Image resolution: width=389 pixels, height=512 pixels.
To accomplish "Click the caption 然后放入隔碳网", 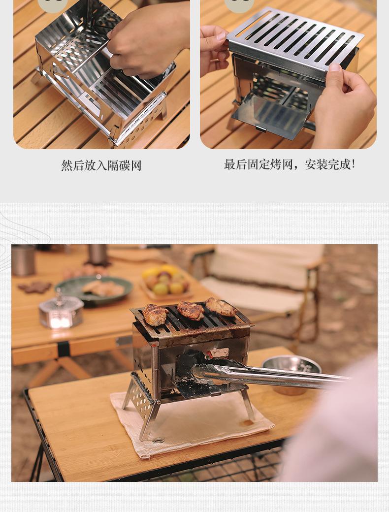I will [101, 165].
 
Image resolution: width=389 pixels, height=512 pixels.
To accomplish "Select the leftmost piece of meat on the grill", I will [155, 315].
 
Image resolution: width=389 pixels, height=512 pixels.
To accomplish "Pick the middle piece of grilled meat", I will [191, 311].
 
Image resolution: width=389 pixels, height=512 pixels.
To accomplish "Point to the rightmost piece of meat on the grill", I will [221, 307].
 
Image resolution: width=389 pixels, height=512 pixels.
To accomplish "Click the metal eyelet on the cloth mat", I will [158, 440].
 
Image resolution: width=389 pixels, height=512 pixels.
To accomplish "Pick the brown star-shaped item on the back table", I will [34, 287].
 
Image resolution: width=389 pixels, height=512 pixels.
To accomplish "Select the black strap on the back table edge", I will [64, 350].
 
